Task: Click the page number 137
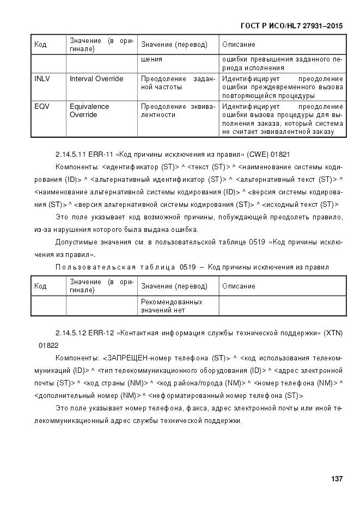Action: [336, 479]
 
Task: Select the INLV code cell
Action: [42, 79]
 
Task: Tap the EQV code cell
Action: [41, 107]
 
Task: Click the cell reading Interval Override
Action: [96, 79]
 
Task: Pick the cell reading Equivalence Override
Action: [89, 111]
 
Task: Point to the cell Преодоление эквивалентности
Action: [178, 111]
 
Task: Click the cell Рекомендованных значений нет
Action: [171, 306]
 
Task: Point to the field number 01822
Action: [47, 345]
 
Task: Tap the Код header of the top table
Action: [40, 44]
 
